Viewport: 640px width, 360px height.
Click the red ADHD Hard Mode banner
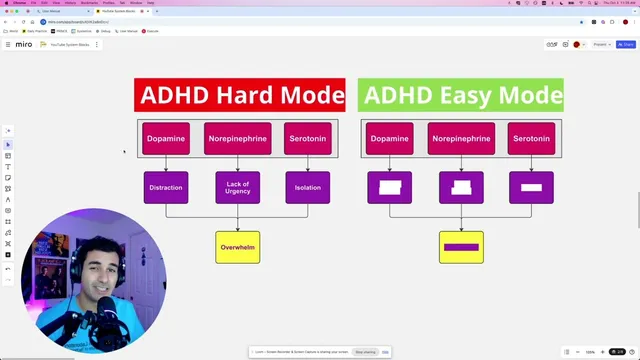[x=239, y=95]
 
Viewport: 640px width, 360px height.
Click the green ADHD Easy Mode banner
[x=461, y=95]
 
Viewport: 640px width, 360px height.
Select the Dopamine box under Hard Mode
[x=165, y=139]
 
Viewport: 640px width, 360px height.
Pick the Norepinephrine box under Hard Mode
[x=237, y=139]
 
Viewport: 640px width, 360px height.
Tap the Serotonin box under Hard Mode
[x=308, y=139]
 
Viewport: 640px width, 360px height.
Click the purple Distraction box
[x=165, y=188]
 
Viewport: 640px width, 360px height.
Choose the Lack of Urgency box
[x=237, y=188]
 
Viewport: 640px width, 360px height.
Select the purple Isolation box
[x=308, y=188]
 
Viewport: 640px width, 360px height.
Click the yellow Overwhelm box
[x=237, y=247]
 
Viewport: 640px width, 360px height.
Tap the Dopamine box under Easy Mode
[x=389, y=139]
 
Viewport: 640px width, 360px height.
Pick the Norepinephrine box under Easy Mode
[x=461, y=139]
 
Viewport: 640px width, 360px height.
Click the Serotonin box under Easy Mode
[x=531, y=139]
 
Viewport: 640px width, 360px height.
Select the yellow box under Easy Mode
[x=461, y=247]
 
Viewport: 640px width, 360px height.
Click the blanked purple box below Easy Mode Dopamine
[x=389, y=188]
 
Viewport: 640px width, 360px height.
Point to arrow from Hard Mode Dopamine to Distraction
[x=165, y=163]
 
